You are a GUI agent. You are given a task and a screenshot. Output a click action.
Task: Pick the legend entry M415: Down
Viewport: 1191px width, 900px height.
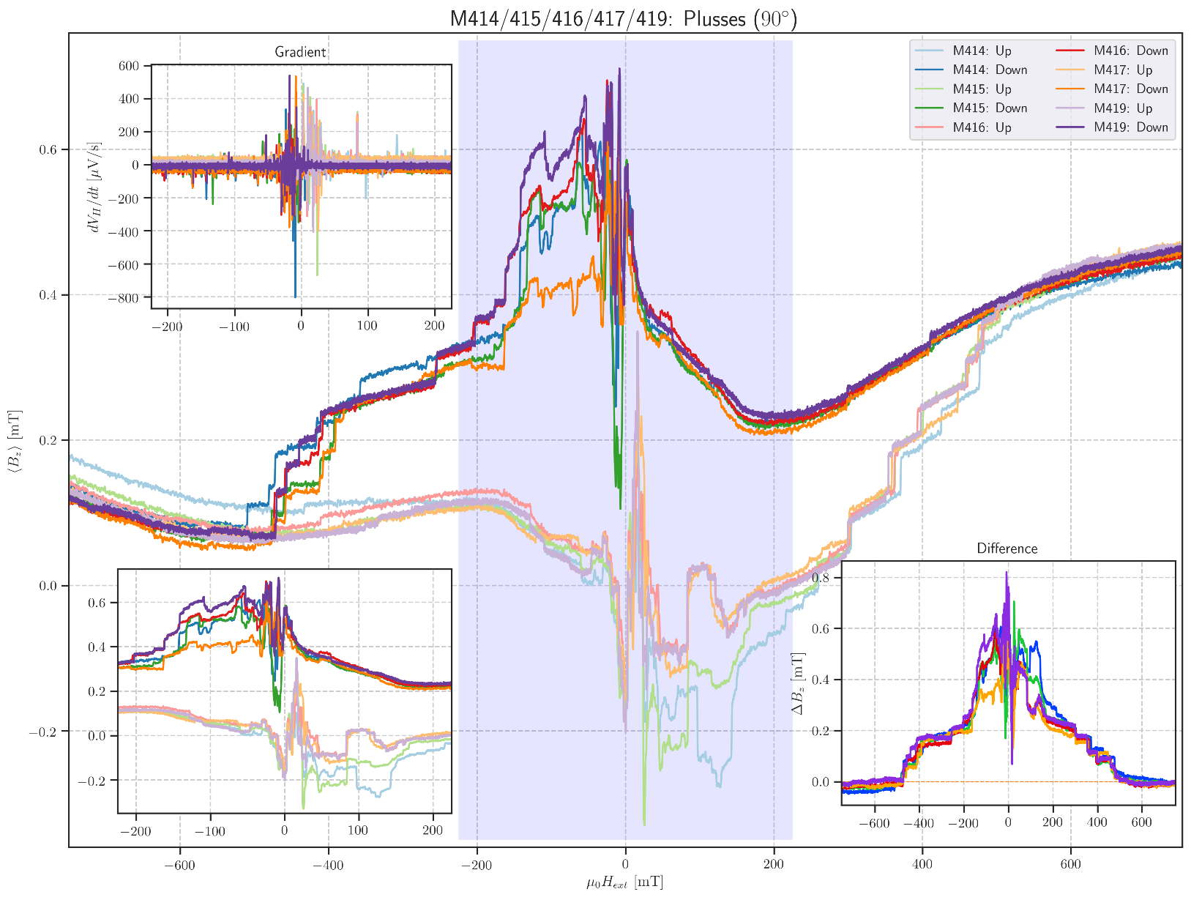[x=990, y=108]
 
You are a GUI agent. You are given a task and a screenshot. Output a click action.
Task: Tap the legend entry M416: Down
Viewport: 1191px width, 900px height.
[x=1130, y=51]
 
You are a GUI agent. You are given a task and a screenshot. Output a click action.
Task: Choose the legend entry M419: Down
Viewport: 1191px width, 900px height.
[x=1130, y=127]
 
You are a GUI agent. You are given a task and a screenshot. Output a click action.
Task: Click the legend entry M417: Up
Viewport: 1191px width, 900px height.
[x=1123, y=70]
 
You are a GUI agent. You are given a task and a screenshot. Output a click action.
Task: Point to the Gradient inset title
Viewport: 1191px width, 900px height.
[x=300, y=52]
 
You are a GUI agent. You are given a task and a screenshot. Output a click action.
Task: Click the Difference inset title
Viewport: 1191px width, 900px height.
[x=1007, y=548]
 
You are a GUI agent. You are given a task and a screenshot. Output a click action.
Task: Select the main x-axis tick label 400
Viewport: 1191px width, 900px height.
[x=922, y=865]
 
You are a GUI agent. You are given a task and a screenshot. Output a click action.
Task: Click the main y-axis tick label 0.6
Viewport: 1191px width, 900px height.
[x=48, y=150]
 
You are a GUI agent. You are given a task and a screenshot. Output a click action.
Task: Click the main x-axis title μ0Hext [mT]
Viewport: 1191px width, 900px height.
[x=624, y=883]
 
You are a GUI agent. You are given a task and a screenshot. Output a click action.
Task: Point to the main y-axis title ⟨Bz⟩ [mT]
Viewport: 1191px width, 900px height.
[x=14, y=441]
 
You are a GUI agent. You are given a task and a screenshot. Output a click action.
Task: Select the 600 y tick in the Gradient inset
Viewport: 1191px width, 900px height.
[x=129, y=66]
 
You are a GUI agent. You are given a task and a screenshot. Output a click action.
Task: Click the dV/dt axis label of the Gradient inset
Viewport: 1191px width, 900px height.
[x=94, y=187]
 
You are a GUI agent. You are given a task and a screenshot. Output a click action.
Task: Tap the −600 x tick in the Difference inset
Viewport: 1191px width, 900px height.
[x=873, y=823]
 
